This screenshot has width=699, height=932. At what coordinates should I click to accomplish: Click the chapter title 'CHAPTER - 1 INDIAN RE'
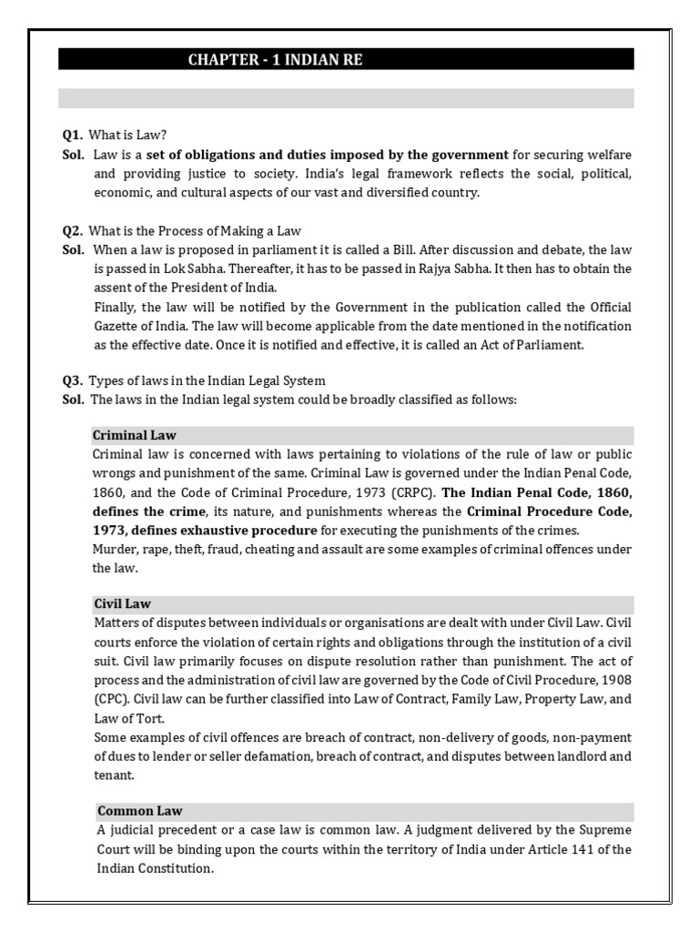[267, 60]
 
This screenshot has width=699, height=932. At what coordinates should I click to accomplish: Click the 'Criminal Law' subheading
[135, 434]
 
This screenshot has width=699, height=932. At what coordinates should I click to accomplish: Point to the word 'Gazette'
[118, 327]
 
